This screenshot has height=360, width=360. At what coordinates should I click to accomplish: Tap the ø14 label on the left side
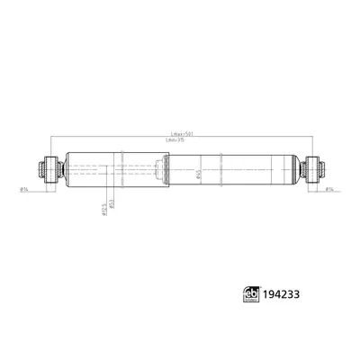click(23, 189)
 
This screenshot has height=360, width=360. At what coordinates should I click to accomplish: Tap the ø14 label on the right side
click(330, 189)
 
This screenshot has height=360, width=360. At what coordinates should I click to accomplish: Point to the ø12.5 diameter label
click(103, 207)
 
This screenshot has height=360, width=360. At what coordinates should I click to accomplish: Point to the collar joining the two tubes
click(163, 168)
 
